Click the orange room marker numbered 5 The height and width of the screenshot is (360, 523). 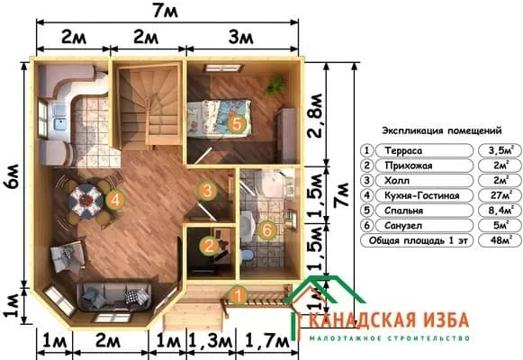click(x=237, y=124)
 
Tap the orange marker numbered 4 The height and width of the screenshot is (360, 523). click(x=115, y=200)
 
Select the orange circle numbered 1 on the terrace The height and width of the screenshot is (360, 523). click(x=239, y=296)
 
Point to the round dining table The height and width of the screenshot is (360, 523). click(x=86, y=201)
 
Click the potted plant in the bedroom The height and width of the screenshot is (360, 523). click(x=275, y=85)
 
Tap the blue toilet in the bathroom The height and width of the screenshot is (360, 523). click(x=247, y=256)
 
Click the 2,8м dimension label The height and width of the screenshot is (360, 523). click(x=315, y=116)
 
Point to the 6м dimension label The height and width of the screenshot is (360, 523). click(x=13, y=176)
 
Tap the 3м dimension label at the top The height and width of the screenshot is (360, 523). click(x=241, y=38)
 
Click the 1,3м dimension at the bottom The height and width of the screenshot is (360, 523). click(x=210, y=341)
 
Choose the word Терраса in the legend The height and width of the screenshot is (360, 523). click(x=403, y=150)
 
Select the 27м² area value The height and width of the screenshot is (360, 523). click(x=501, y=195)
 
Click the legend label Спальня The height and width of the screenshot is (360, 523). click(x=403, y=211)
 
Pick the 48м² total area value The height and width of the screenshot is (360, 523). click(x=501, y=240)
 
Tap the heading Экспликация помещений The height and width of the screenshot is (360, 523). click(x=442, y=130)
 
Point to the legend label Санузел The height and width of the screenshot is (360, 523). click(x=403, y=226)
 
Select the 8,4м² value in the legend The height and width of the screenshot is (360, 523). click(x=500, y=211)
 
